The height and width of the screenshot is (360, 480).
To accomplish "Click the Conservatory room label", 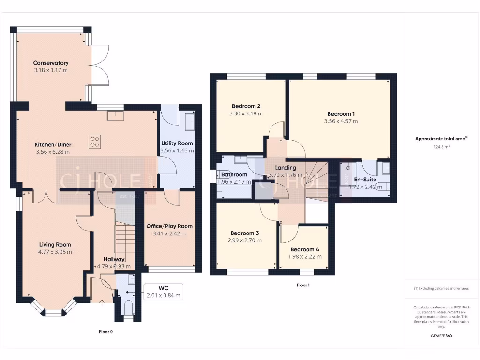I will [x=51, y=63].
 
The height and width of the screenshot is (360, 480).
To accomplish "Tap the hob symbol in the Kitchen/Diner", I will [x=95, y=142].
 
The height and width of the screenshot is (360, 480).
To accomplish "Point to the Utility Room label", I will [x=177, y=143].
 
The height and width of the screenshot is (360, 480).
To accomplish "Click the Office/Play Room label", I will [x=169, y=226].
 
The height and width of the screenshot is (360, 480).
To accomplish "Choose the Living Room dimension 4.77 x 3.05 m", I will [x=55, y=252].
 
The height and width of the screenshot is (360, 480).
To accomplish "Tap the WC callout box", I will [x=163, y=291].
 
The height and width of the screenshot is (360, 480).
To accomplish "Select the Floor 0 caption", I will [x=106, y=332].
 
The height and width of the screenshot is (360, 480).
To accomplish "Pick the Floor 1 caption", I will [x=303, y=285].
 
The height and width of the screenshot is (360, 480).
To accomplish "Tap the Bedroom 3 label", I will [x=245, y=233].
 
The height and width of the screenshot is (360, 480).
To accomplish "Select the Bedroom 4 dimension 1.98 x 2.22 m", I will [x=306, y=256].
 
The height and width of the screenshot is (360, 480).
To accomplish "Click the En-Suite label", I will [x=365, y=179].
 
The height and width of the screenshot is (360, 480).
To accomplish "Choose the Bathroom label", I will [x=234, y=174].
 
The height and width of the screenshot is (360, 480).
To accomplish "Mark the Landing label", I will [x=285, y=167].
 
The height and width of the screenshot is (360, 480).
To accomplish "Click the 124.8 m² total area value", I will [x=442, y=147].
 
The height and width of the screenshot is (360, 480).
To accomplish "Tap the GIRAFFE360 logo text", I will [x=442, y=336].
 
